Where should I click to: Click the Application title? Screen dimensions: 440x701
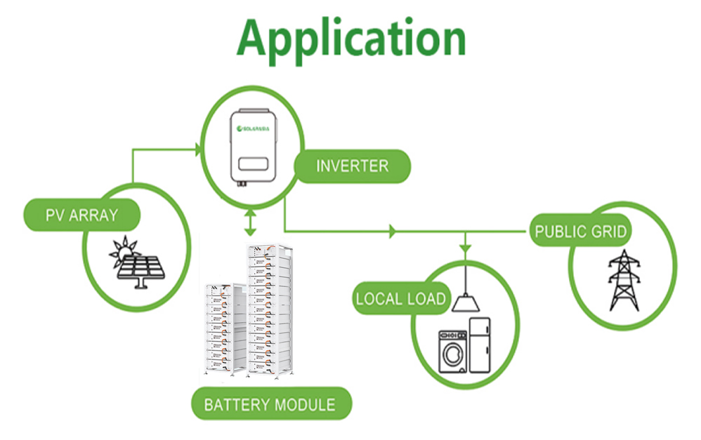[x=351, y=39]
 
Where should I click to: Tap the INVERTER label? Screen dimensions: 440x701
[x=352, y=166]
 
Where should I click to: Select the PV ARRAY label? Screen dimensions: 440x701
[x=81, y=214]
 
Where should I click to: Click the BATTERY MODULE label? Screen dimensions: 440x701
[x=270, y=404]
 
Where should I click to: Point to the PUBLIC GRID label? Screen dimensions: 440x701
[x=580, y=231]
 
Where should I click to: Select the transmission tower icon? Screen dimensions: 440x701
[x=624, y=281]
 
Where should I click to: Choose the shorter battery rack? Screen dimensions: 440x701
[x=223, y=327]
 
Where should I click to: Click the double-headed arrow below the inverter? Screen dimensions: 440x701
[x=249, y=222]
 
